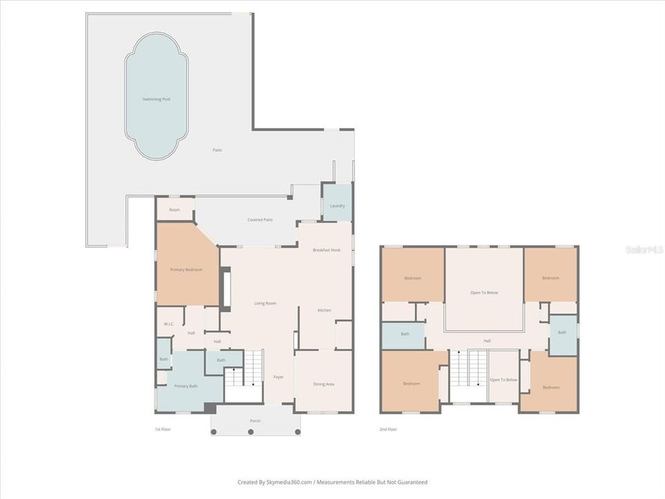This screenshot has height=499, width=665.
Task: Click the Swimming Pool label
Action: tap(156, 99)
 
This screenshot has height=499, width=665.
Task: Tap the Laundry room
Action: tap(337, 205)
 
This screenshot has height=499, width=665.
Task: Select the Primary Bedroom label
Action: tap(186, 269)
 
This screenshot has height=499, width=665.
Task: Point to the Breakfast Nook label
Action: tap(326, 249)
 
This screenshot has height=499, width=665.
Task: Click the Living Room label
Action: tap(265, 303)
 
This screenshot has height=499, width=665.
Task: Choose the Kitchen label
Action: tap(324, 310)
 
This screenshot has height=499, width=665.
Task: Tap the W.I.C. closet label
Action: tap(169, 324)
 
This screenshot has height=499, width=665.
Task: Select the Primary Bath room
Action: tap(186, 385)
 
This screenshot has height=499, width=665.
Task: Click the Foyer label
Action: tap(278, 377)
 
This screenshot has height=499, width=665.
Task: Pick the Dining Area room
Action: tap(323, 383)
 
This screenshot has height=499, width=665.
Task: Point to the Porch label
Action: tap(256, 421)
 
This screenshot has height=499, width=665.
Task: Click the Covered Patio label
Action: tap(260, 220)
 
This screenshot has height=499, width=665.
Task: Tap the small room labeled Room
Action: tap(175, 209)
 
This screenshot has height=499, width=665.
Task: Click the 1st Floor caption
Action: tap(162, 429)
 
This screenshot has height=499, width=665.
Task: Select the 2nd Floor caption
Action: tap(389, 429)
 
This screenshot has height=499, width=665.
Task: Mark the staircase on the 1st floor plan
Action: tap(253, 367)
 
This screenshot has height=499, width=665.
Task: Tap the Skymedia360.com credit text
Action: tap(332, 482)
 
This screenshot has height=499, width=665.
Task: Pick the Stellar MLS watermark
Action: tap(644, 249)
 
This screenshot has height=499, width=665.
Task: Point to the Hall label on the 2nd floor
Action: tap(487, 340)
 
